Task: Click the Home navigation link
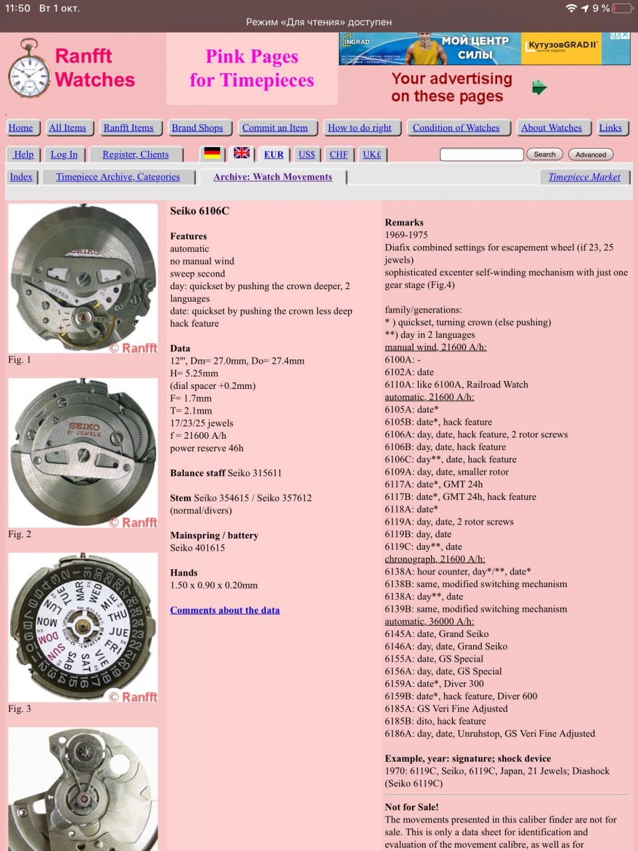[x=21, y=128]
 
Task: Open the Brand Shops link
[x=197, y=128]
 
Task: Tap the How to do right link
[x=360, y=128]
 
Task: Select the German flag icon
[x=212, y=153]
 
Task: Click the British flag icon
[x=242, y=153]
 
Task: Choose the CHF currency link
[x=338, y=154]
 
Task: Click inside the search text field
[x=481, y=154]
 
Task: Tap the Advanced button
[x=591, y=154]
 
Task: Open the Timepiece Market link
[x=584, y=177]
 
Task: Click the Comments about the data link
[x=225, y=610]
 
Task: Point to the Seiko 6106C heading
[x=199, y=211]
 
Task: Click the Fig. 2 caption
[x=20, y=534]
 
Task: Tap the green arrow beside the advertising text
[x=540, y=87]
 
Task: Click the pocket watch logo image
[x=29, y=68]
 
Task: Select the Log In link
[x=64, y=154]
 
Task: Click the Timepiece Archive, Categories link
[x=118, y=177]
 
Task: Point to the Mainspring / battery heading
[x=214, y=535]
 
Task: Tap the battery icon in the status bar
[x=623, y=8]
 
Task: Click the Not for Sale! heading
[x=411, y=807]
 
